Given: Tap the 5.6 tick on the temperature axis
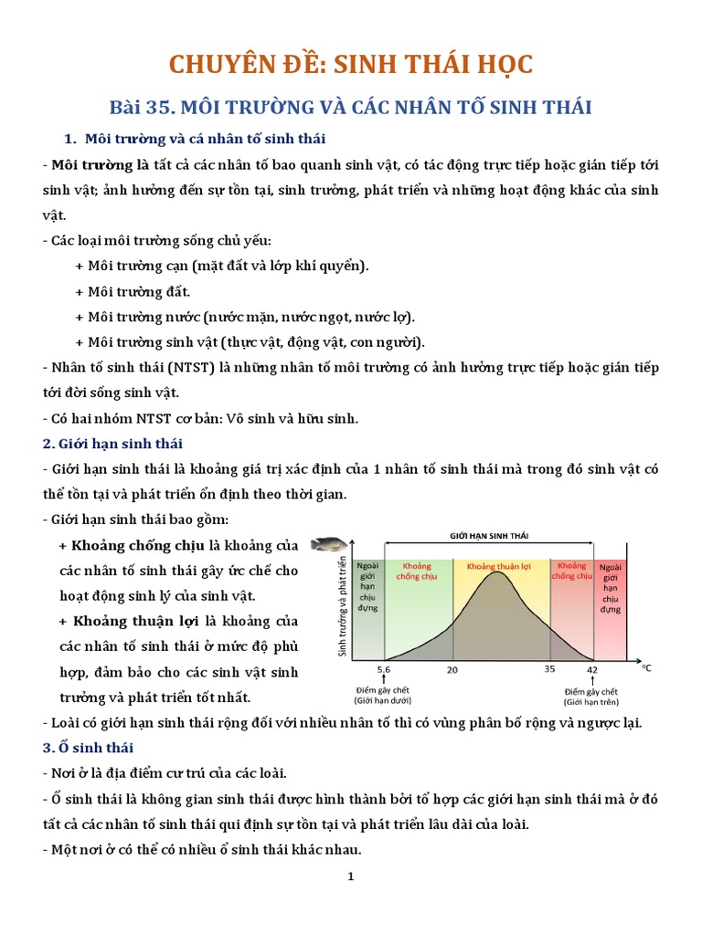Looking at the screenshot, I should click(384, 669).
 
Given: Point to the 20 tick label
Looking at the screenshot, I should click(452, 669).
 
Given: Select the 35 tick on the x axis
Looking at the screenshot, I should click(549, 669).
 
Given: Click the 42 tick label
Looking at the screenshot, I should click(592, 669).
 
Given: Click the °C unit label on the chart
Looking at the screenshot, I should click(646, 668).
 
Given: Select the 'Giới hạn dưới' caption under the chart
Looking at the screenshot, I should click(383, 700).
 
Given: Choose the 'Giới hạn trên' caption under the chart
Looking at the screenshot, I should click(591, 701).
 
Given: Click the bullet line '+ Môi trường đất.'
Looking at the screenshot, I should click(133, 291).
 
